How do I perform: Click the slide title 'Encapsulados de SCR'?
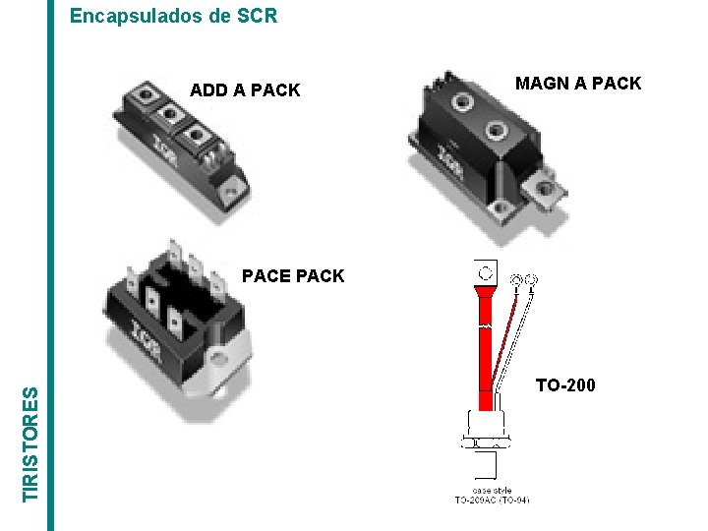[x=174, y=16]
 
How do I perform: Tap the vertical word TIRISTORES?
[x=32, y=442]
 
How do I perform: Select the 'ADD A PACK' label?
[x=245, y=90]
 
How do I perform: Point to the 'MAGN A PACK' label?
[x=578, y=84]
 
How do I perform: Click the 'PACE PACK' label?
[x=293, y=276]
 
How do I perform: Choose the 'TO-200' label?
[x=565, y=385]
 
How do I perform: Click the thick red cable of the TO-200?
[x=485, y=344]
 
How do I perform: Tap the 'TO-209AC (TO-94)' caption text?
[x=492, y=501]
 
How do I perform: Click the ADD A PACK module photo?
[x=177, y=147]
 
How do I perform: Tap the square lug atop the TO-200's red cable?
[x=485, y=272]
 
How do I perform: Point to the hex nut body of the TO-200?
[x=486, y=424]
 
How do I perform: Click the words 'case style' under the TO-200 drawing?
[x=491, y=490]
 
